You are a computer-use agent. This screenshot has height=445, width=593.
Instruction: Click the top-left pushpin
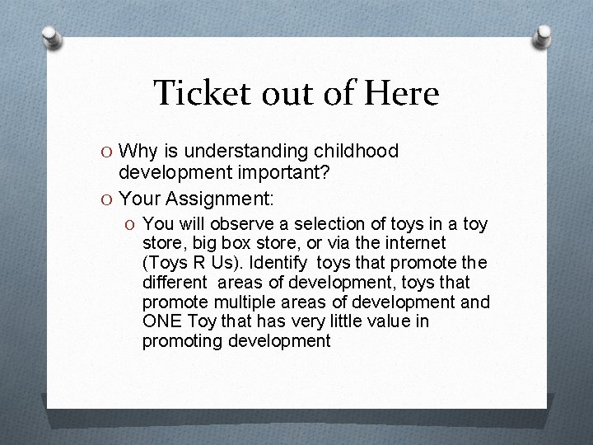tap(51, 37)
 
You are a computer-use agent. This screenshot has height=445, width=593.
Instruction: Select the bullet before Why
tap(108, 152)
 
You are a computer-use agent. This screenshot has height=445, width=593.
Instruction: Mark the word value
tap(376, 321)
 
